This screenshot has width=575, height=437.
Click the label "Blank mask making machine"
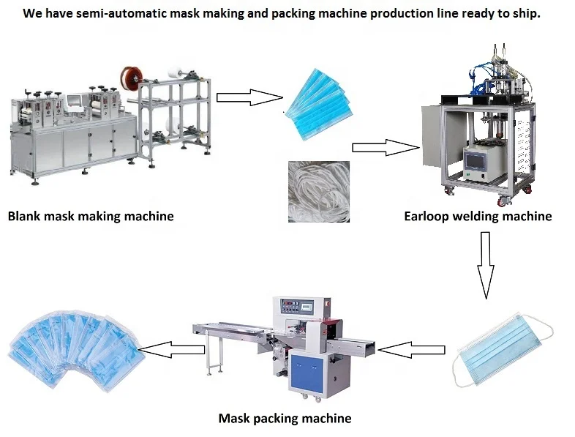91,216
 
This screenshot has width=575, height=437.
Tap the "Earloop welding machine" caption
478,216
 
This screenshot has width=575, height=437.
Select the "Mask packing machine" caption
285,418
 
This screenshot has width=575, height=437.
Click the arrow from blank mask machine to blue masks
249,97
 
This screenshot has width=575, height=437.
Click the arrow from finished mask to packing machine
415,349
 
